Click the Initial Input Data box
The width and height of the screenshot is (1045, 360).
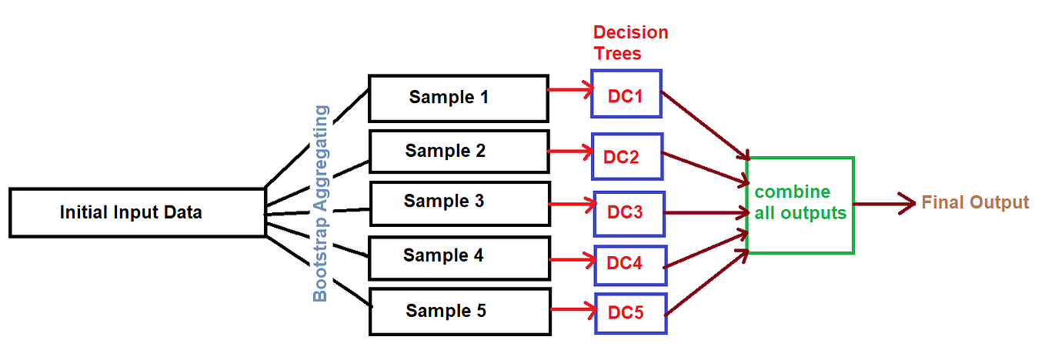pyautogui.click(x=132, y=212)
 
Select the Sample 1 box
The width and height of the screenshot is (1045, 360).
pyautogui.click(x=459, y=98)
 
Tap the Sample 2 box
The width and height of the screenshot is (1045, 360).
pyautogui.click(x=459, y=151)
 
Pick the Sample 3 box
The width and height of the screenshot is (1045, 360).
pyautogui.click(x=459, y=202)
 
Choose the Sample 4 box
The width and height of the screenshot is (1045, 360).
pyautogui.click(x=459, y=257)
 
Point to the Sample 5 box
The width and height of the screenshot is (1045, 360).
pyautogui.click(x=460, y=311)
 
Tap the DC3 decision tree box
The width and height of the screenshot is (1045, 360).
pyautogui.click(x=629, y=213)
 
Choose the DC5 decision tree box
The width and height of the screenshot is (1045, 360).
pyautogui.click(x=630, y=313)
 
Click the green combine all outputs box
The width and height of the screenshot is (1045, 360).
pyautogui.click(x=800, y=205)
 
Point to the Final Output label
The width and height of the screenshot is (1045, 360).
pyautogui.click(x=975, y=203)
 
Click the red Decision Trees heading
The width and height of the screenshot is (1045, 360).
pyautogui.click(x=630, y=43)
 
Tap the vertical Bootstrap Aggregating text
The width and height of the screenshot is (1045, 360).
pyautogui.click(x=321, y=203)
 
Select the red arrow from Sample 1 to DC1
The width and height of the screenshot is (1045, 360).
pyautogui.click(x=570, y=90)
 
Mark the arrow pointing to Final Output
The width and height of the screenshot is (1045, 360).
pyautogui.click(x=885, y=205)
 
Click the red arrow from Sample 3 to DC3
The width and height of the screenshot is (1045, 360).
pyautogui.click(x=573, y=205)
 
